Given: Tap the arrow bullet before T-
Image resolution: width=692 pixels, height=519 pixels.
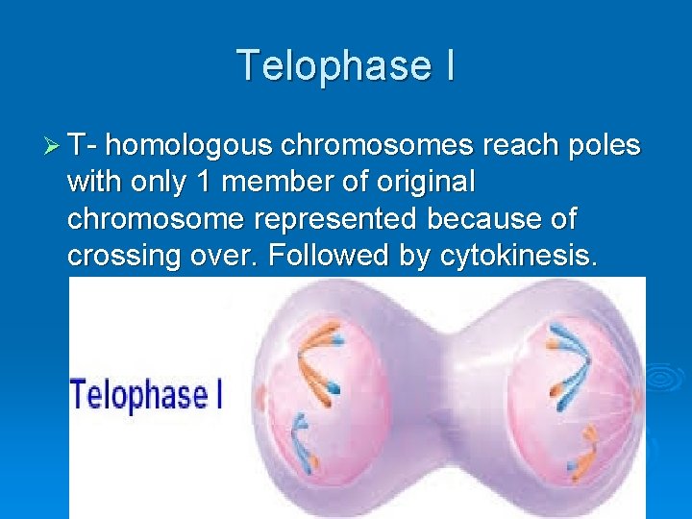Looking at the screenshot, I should point(53,146).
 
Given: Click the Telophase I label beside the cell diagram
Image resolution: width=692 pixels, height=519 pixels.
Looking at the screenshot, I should point(146,395).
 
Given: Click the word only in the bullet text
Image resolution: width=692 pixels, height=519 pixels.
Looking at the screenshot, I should point(152,183).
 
